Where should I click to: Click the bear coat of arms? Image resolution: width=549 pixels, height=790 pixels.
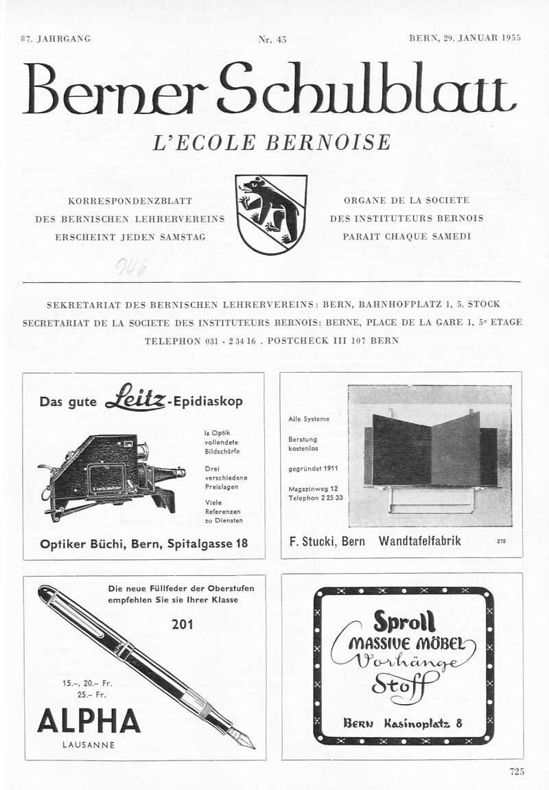271,214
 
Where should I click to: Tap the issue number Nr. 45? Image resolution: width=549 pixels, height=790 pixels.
272,39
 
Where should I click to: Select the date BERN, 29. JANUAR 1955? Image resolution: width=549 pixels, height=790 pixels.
465,38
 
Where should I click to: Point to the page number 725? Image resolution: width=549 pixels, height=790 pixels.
517,771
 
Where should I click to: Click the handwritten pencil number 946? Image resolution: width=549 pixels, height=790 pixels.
131,266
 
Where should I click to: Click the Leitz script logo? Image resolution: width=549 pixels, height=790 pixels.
135,398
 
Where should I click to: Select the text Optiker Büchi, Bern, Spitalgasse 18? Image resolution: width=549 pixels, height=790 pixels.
144,544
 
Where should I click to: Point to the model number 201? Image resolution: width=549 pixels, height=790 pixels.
183,624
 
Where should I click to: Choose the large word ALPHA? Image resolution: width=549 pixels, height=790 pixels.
89,721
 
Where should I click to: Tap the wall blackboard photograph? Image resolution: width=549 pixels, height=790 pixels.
430,455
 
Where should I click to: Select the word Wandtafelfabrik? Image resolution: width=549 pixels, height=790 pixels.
420,541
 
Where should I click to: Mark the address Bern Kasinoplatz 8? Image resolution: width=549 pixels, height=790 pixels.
403,723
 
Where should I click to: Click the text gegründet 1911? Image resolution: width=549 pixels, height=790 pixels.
313,469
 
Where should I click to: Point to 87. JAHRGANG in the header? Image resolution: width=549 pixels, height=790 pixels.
56,38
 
